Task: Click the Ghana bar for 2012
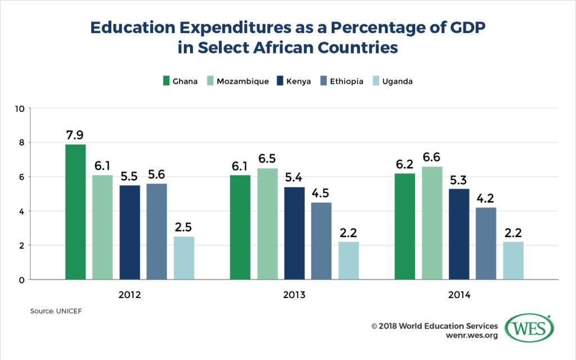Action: pos(75,212)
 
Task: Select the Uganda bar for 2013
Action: pos(348,260)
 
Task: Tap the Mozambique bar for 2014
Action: pos(432,223)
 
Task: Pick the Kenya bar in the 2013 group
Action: pos(294,233)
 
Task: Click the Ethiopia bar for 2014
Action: pos(486,244)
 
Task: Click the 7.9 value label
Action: pos(75,135)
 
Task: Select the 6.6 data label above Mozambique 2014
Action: pos(432,157)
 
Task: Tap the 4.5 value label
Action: pos(321,193)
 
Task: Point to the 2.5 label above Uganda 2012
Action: pos(184,227)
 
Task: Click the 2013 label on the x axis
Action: pos(294,295)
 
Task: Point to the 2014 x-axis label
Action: pos(459,295)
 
